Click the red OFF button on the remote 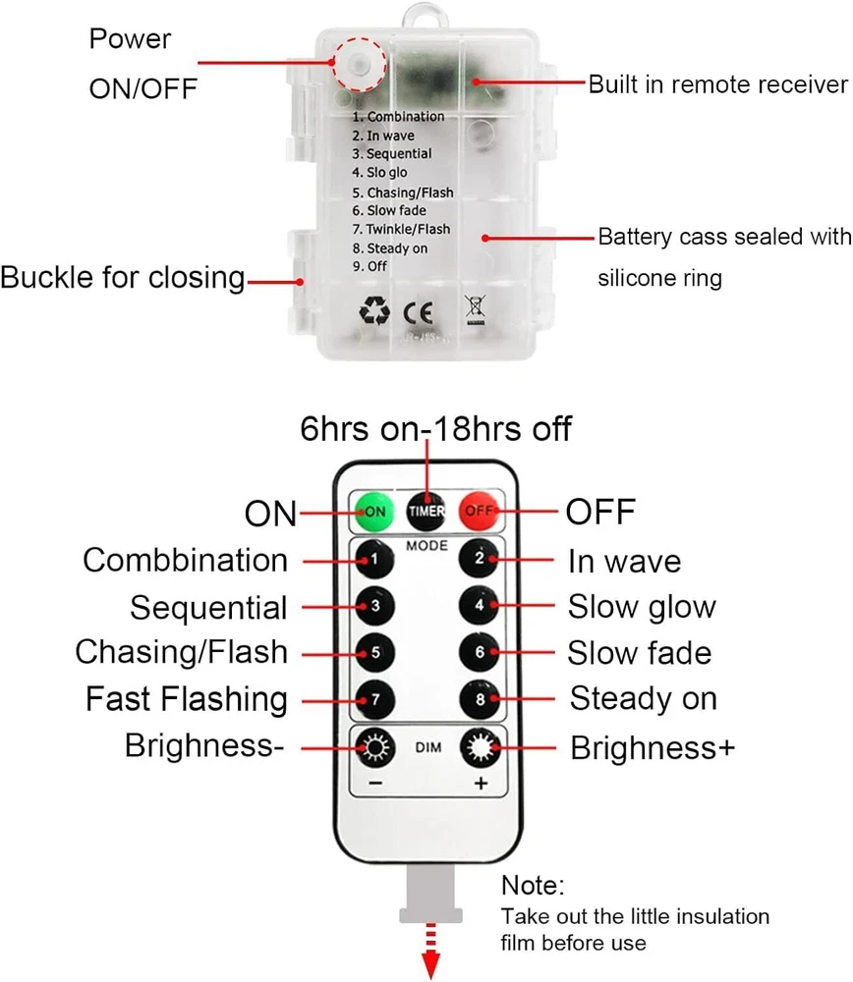[x=479, y=511]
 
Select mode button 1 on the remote [x=373, y=561]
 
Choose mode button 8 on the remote [x=480, y=698]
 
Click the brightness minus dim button [x=374, y=749]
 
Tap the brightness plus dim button [x=481, y=748]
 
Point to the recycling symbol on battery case [x=373, y=311]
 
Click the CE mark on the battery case [x=411, y=312]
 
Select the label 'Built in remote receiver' [x=717, y=84]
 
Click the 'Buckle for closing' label [x=123, y=277]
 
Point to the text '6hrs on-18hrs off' [x=435, y=429]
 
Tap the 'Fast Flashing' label [x=187, y=699]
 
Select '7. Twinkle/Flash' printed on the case [x=402, y=229]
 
